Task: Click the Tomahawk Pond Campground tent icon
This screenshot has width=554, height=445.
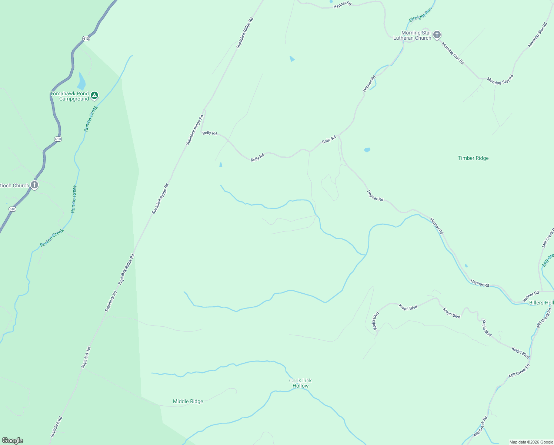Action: pos(94,96)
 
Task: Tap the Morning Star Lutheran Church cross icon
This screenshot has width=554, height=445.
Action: pos(437,35)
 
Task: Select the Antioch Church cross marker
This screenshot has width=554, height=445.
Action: pos(34,185)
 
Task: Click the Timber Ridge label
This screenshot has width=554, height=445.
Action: pos(473,158)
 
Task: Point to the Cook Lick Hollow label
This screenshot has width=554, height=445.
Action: pos(300,383)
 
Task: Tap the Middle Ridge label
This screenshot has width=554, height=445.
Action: pos(188,401)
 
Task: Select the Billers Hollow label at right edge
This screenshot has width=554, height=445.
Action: pos(541,303)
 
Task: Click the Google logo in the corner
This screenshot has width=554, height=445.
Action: pos(12,441)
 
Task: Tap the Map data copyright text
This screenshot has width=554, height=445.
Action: pos(531,442)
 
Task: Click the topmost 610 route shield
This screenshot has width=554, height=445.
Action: pos(86,39)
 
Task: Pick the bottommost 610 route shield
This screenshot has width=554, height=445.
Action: pos(12,209)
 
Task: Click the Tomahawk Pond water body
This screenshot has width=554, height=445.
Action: pos(81,82)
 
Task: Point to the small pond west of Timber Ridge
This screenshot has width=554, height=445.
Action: pos(367,150)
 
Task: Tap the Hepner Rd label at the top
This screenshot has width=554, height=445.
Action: pos(342,4)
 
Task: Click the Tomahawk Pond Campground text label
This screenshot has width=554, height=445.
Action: pos(70,96)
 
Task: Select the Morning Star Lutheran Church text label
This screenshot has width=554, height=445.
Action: pos(412,35)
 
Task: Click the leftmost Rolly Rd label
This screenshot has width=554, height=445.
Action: pos(210,133)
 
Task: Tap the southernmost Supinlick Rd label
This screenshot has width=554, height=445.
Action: pos(56,426)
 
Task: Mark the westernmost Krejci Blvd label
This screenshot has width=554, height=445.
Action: pos(376,321)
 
